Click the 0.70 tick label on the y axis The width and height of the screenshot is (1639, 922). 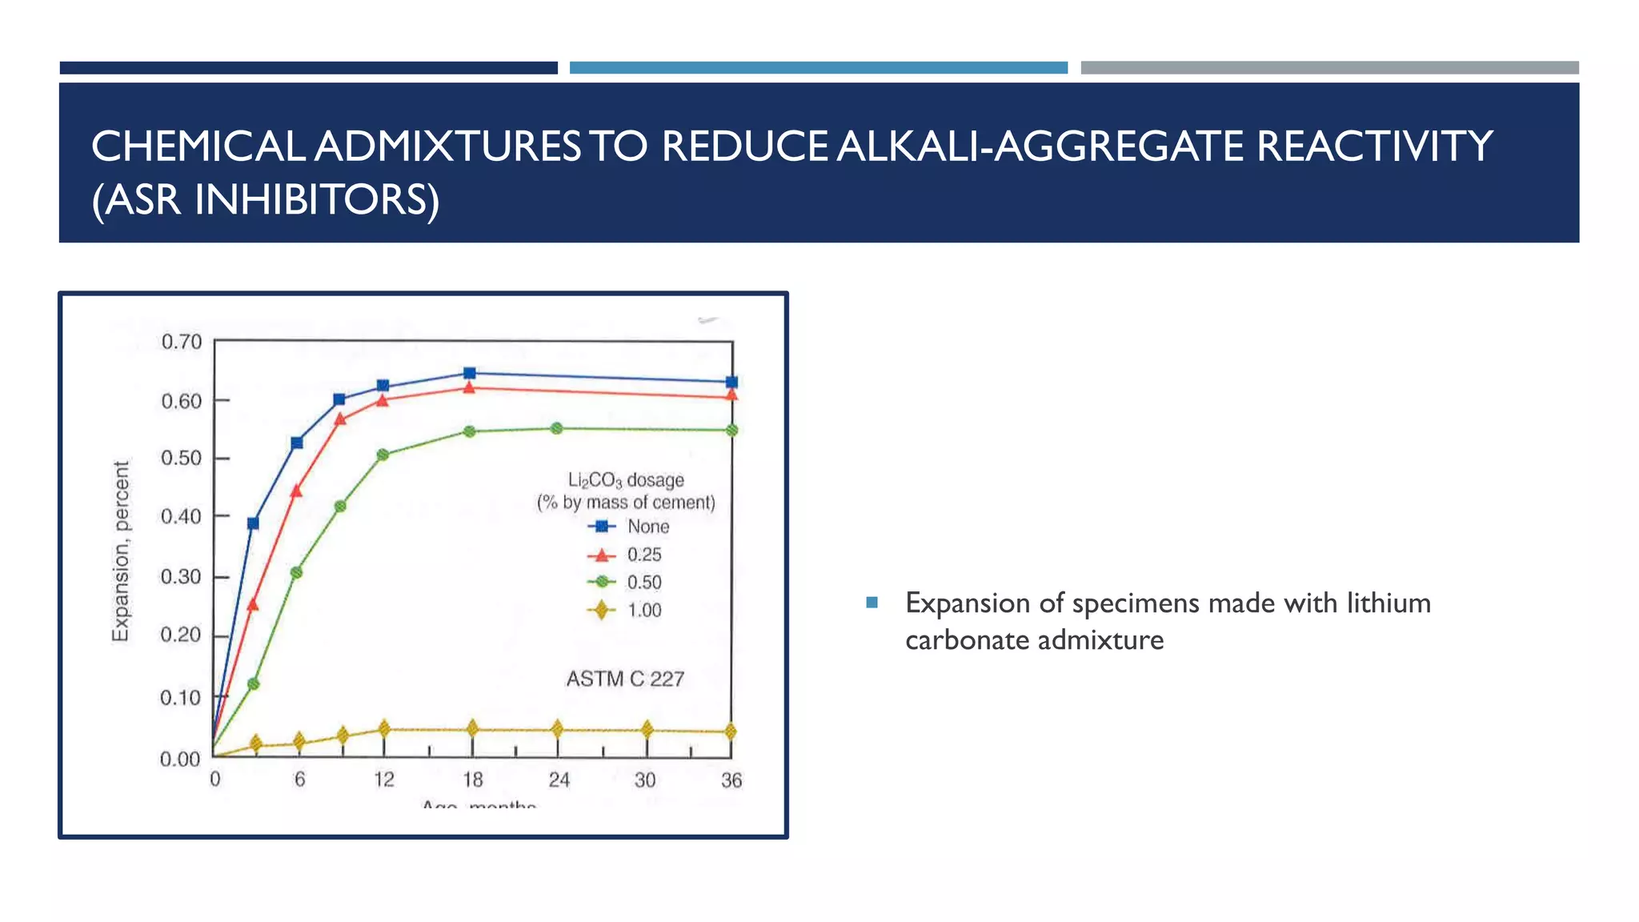tap(182, 343)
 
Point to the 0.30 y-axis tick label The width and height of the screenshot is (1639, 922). tap(181, 577)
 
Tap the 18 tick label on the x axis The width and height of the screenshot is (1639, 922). tap(472, 780)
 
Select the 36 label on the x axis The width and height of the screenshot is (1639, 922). tap(731, 780)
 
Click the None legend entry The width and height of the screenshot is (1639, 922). tap(647, 527)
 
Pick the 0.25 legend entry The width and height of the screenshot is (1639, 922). tap(644, 555)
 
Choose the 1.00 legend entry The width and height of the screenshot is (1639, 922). tap(644, 611)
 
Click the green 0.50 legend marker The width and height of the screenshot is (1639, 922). tap(602, 583)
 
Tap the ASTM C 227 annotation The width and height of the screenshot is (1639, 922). tap(625, 679)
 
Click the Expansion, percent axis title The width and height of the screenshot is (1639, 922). tap(120, 551)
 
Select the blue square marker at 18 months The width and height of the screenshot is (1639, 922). tap(470, 374)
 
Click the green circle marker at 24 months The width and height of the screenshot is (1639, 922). tap(557, 429)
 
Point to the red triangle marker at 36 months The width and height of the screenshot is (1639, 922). tap(731, 395)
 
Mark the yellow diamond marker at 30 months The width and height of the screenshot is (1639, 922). tap(647, 729)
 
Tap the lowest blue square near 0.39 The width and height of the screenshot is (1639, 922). tap(253, 523)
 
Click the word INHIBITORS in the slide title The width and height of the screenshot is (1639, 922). tap(316, 200)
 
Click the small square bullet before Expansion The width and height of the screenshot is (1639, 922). tap(872, 603)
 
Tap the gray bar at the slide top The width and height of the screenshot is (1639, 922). tap(1329, 68)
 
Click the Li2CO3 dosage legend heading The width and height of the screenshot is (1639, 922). tap(626, 480)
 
